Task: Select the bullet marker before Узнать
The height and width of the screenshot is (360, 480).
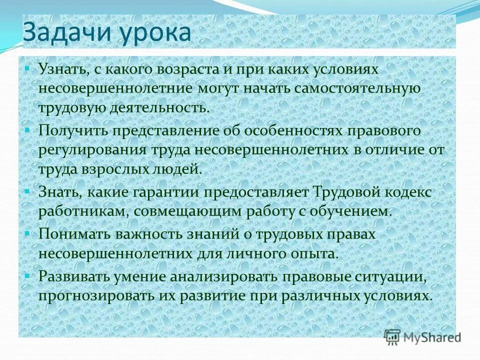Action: pos(27,66)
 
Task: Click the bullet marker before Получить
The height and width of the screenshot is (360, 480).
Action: pos(27,128)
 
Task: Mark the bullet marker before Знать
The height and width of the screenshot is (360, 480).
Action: pos(27,190)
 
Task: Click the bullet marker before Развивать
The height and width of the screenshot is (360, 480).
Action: pos(27,273)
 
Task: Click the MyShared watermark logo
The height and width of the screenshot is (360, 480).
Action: pos(422,337)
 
